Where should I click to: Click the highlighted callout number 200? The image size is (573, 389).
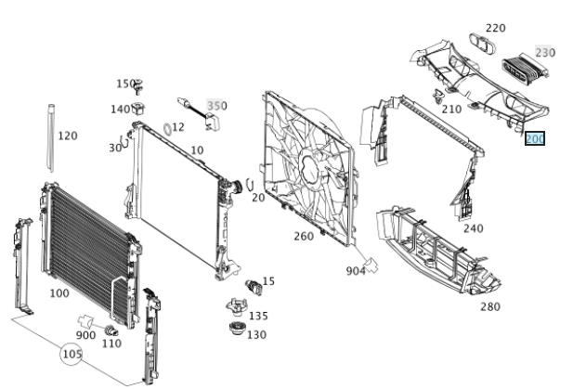pyautogui.click(x=536, y=139)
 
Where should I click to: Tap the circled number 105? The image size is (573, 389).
pyautogui.click(x=72, y=355)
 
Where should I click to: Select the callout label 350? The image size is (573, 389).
pyautogui.click(x=216, y=106)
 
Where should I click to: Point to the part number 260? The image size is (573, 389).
pyautogui.click(x=304, y=236)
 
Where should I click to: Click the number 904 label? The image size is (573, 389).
pyautogui.click(x=355, y=271)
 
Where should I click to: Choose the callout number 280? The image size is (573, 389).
pyautogui.click(x=489, y=305)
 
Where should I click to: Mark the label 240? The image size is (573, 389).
pyautogui.click(x=473, y=228)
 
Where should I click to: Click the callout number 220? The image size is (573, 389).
pyautogui.click(x=496, y=28)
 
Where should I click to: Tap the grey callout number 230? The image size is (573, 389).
pyautogui.click(x=545, y=52)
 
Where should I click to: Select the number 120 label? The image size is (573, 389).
pyautogui.click(x=68, y=136)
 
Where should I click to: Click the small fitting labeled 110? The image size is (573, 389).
pyautogui.click(x=111, y=331)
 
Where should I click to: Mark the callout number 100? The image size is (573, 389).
pyautogui.click(x=59, y=293)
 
